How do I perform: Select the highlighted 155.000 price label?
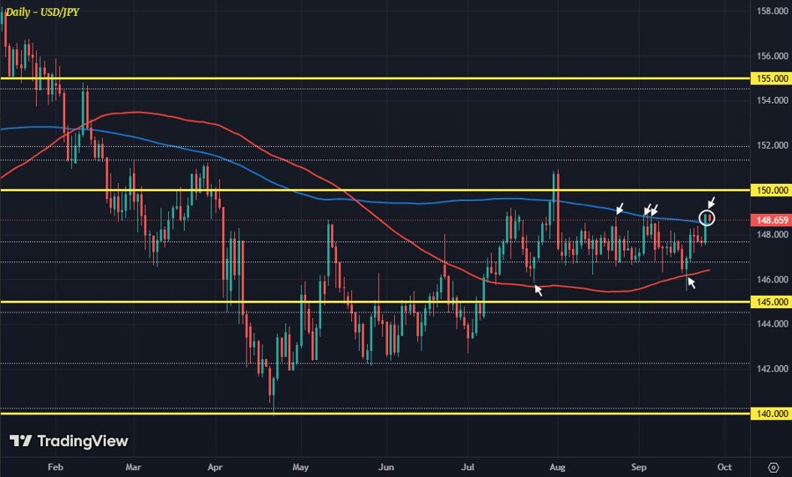pos(771,78)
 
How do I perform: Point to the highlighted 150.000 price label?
pos(771,190)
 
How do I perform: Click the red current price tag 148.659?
pos(771,220)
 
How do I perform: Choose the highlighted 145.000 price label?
pos(771,302)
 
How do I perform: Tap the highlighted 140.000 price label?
pos(771,414)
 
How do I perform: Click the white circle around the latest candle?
pos(708,216)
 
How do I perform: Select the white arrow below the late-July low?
pos(539,289)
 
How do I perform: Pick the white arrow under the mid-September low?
pos(692,282)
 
